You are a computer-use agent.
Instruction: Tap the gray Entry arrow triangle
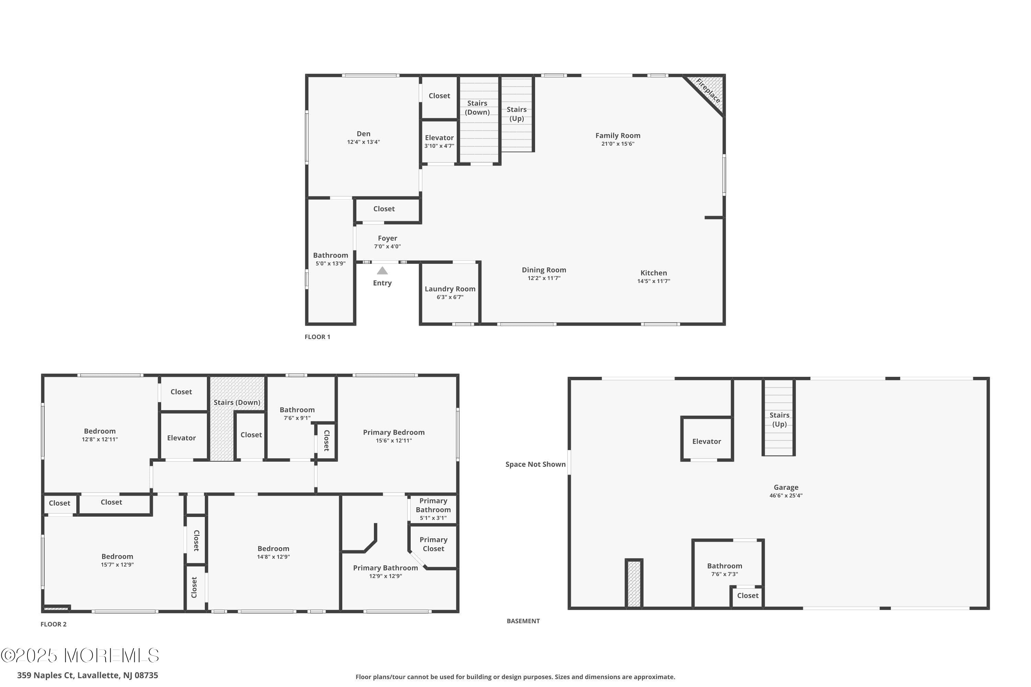pyautogui.click(x=382, y=271)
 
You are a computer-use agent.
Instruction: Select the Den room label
pyautogui.click(x=363, y=134)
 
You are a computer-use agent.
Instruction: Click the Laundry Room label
pyautogui.click(x=450, y=289)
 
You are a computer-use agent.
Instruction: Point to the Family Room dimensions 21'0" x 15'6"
pyautogui.click(x=618, y=144)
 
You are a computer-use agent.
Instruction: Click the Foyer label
pyautogui.click(x=388, y=238)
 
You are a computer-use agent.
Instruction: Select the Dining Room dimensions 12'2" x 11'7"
pyautogui.click(x=544, y=278)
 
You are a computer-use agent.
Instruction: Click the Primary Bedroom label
pyautogui.click(x=393, y=432)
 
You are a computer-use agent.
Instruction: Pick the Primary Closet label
pyautogui.click(x=433, y=544)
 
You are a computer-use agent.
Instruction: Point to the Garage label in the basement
pyautogui.click(x=786, y=487)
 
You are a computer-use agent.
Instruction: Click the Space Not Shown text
pyautogui.click(x=535, y=464)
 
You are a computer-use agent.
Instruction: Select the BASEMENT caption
pyautogui.click(x=523, y=621)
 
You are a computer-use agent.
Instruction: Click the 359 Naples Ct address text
pyautogui.click(x=87, y=675)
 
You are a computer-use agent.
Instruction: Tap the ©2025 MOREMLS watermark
pyautogui.click(x=80, y=656)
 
